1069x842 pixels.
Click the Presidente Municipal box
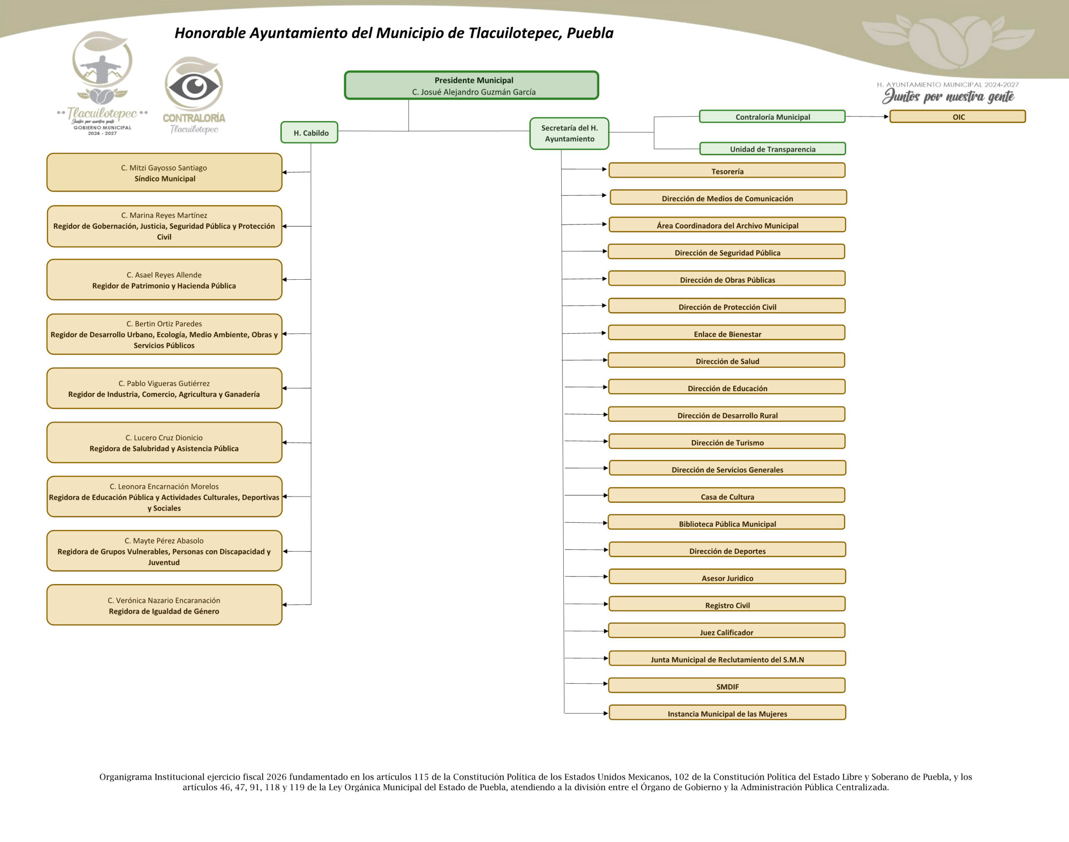tap(471, 85)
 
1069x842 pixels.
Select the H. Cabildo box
tap(309, 133)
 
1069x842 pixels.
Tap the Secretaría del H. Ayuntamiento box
tap(569, 133)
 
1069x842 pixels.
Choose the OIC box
tap(958, 117)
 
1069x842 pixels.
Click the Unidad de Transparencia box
tap(772, 149)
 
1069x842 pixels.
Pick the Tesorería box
tap(727, 171)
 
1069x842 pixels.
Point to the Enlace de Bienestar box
tap(727, 333)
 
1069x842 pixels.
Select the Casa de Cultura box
tap(727, 496)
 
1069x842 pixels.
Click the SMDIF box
tap(727, 686)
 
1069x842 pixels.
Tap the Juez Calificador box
tap(727, 632)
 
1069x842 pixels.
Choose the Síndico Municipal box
tap(164, 172)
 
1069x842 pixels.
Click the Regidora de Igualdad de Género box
tap(164, 605)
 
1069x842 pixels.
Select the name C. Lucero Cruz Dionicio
tap(164, 437)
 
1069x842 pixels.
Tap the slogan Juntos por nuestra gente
tap(948, 96)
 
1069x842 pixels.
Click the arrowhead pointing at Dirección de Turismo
tap(605, 441)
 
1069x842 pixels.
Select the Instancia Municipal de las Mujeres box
tap(727, 713)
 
